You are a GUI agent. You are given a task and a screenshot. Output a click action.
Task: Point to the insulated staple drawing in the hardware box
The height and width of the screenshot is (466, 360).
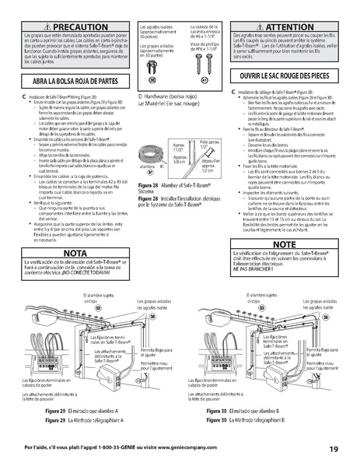point(152,64)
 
